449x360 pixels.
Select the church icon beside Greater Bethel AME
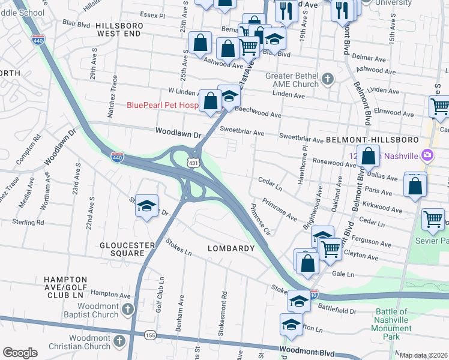coord(328,79)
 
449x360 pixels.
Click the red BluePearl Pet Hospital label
coord(162,105)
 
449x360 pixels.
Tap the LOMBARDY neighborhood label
coord(231,248)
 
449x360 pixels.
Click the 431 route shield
coord(193,163)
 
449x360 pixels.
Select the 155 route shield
coord(151,335)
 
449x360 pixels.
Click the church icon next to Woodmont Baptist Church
coord(127,309)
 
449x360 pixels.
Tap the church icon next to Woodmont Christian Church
coord(119,341)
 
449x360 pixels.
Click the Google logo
coord(20,353)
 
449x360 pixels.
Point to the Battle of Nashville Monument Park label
coord(394,324)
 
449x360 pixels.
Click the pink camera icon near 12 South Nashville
coord(427,155)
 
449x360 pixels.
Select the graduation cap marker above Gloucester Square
coord(146,206)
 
